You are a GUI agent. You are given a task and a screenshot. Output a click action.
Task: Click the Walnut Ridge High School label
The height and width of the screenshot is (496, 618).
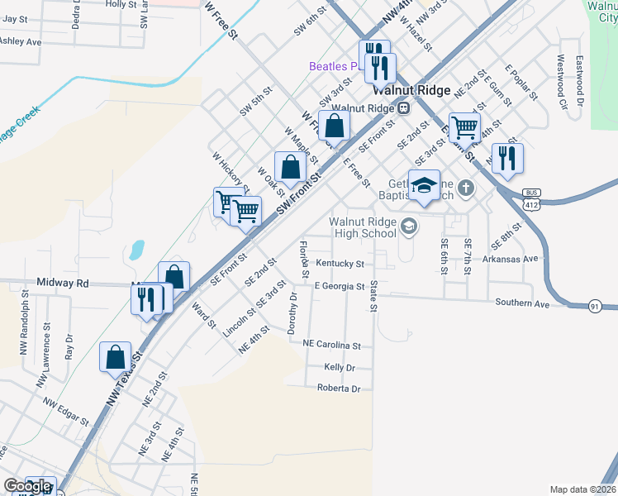tap(363, 227)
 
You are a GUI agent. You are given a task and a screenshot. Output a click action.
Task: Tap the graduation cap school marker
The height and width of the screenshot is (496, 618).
tap(425, 188)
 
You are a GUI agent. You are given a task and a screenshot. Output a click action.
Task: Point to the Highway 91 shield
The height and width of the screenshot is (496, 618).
tap(595, 307)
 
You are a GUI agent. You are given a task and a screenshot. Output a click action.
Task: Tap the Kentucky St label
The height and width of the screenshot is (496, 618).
tap(340, 264)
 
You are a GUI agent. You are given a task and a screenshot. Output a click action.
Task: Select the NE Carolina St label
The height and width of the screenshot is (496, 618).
tap(332, 344)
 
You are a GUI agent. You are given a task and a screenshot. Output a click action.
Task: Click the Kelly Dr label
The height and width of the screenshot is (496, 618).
tap(340, 367)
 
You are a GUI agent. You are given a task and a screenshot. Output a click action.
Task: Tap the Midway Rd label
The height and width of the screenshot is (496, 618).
tap(70, 284)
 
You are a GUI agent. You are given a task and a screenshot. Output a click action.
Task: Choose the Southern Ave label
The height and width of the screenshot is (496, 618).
tap(522, 303)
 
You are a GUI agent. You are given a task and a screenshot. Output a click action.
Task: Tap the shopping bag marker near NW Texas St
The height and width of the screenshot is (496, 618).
tap(115, 357)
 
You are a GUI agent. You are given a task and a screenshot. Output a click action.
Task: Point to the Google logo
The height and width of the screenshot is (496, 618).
tap(27, 487)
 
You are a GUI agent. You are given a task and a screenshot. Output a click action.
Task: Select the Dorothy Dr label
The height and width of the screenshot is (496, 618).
tap(292, 313)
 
